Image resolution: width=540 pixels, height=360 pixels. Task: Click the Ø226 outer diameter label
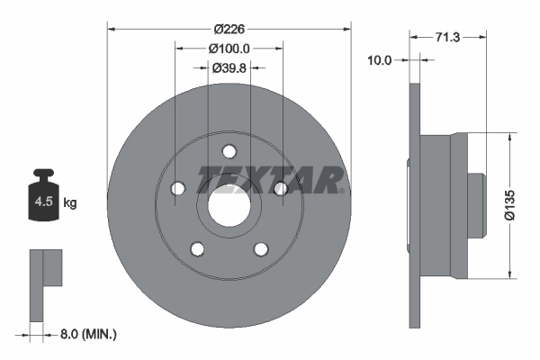(x=229, y=27)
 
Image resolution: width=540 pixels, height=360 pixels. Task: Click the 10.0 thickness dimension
(x=380, y=60)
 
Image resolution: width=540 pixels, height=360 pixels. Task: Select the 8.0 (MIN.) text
(x=86, y=334)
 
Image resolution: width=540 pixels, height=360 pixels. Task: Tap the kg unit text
(x=70, y=203)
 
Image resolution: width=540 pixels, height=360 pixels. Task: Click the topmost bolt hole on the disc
(x=229, y=151)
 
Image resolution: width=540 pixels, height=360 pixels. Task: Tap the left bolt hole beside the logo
(x=177, y=188)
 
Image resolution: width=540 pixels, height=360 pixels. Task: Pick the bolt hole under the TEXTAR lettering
(x=280, y=188)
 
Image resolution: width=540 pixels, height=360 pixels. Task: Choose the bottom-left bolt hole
(x=197, y=249)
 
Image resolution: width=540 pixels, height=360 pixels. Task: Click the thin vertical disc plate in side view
(x=414, y=205)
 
